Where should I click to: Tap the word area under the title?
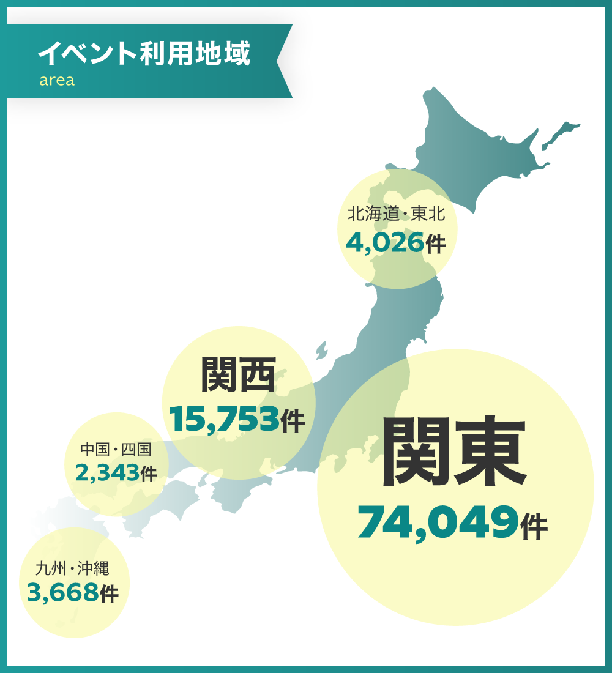[x=57, y=81]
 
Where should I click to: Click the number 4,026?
[x=385, y=244]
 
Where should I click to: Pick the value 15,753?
[x=224, y=420]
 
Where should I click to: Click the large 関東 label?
[x=454, y=453]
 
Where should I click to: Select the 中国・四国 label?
[x=116, y=450]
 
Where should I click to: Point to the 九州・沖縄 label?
[x=72, y=569]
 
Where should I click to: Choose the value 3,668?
[x=62, y=592]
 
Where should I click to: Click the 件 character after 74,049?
[x=534, y=527]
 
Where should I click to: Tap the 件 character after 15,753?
[x=293, y=422]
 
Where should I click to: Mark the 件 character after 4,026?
[x=435, y=245]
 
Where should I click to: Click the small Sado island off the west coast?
[x=321, y=352]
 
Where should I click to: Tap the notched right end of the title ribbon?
[x=283, y=61]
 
